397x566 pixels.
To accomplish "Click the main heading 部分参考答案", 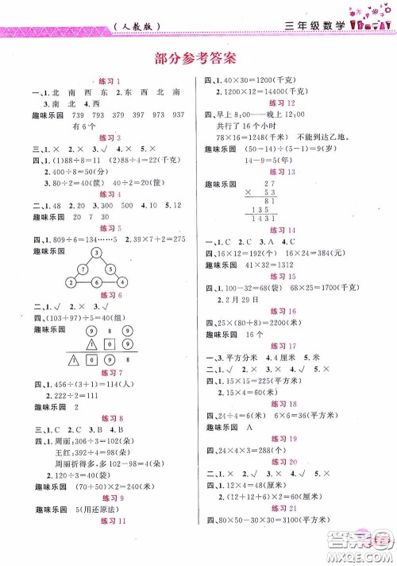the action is pyautogui.click(x=198, y=57).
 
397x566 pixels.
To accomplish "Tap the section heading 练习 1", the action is pyautogui.click(x=106, y=82).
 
